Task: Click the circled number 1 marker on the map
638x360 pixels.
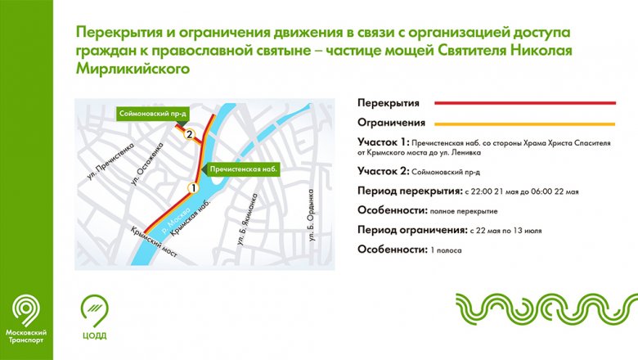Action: point(193,188)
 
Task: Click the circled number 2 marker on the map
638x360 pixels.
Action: point(189,135)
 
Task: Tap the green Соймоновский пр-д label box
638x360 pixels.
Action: point(153,114)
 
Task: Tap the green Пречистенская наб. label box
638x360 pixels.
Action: point(244,169)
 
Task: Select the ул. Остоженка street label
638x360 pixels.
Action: point(147,164)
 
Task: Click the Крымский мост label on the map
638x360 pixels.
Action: point(154,242)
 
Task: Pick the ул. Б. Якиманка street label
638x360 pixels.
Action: point(247,219)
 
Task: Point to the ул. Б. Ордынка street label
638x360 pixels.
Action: point(312,215)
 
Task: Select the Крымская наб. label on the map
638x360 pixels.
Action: point(191,218)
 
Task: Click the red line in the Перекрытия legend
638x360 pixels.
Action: point(525,103)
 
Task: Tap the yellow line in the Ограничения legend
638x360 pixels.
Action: point(525,124)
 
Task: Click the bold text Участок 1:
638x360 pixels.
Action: point(384,142)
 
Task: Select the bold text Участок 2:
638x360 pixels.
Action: point(384,171)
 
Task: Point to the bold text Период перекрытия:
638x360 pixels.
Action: point(410,191)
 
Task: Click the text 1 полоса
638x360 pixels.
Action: point(446,250)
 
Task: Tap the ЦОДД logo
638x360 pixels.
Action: point(94,317)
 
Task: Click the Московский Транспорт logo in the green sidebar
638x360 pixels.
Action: point(26,319)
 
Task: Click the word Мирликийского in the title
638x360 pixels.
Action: point(133,69)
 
